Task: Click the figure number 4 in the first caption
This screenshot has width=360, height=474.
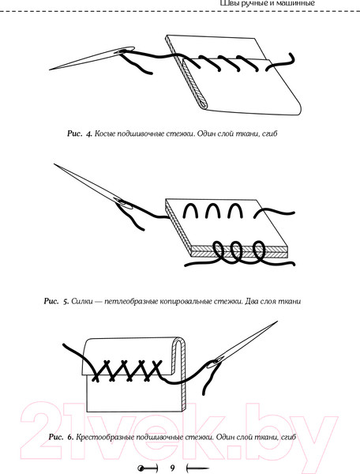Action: [x=88, y=134]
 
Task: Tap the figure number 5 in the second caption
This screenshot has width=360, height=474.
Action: [x=66, y=302]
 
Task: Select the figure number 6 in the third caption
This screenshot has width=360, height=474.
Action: [x=70, y=437]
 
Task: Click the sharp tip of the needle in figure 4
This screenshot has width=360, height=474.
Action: [x=50, y=70]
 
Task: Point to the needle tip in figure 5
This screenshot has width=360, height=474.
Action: [x=54, y=164]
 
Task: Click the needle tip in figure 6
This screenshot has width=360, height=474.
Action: [x=277, y=322]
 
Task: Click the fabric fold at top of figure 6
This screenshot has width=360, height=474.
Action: [x=179, y=341]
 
